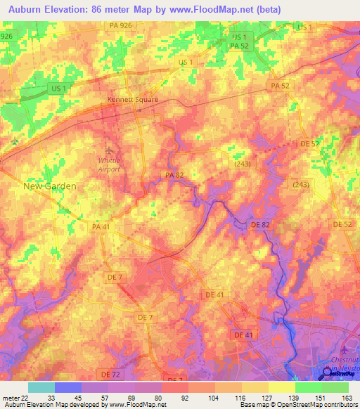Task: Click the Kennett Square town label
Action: tap(132, 100)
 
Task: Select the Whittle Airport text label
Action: tap(109, 164)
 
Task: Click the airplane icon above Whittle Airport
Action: tap(108, 151)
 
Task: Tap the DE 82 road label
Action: tap(260, 224)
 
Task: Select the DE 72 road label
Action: tap(110, 372)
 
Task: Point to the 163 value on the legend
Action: tap(347, 397)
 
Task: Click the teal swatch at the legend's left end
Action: tap(41, 387)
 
